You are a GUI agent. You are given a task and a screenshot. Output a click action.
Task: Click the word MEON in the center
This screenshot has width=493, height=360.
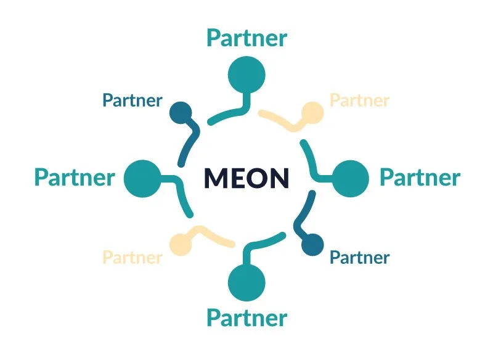point(246,178)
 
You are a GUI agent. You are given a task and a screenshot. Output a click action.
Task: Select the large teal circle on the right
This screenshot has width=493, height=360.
point(350,178)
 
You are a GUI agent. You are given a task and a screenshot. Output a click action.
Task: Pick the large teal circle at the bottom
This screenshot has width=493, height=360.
point(246,281)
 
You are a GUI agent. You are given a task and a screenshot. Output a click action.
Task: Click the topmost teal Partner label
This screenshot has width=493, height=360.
point(246,38)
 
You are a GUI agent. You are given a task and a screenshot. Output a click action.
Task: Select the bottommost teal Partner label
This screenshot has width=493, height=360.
point(246,318)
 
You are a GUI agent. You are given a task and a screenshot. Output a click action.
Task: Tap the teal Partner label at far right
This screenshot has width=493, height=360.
point(420,178)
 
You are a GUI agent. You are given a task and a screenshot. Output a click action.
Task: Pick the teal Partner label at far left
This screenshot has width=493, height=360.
point(74,178)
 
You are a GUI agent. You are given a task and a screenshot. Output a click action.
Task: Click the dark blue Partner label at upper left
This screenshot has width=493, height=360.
point(132,100)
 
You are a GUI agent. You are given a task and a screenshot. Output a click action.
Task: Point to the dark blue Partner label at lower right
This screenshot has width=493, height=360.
point(360,257)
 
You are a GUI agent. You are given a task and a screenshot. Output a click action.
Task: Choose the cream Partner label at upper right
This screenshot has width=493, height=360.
point(360,100)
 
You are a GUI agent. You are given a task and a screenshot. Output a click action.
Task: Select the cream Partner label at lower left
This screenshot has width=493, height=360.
point(132,257)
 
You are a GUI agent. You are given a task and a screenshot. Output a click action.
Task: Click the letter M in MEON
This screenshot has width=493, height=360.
point(216,178)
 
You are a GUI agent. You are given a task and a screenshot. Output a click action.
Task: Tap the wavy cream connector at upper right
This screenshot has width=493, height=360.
point(280,120)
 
